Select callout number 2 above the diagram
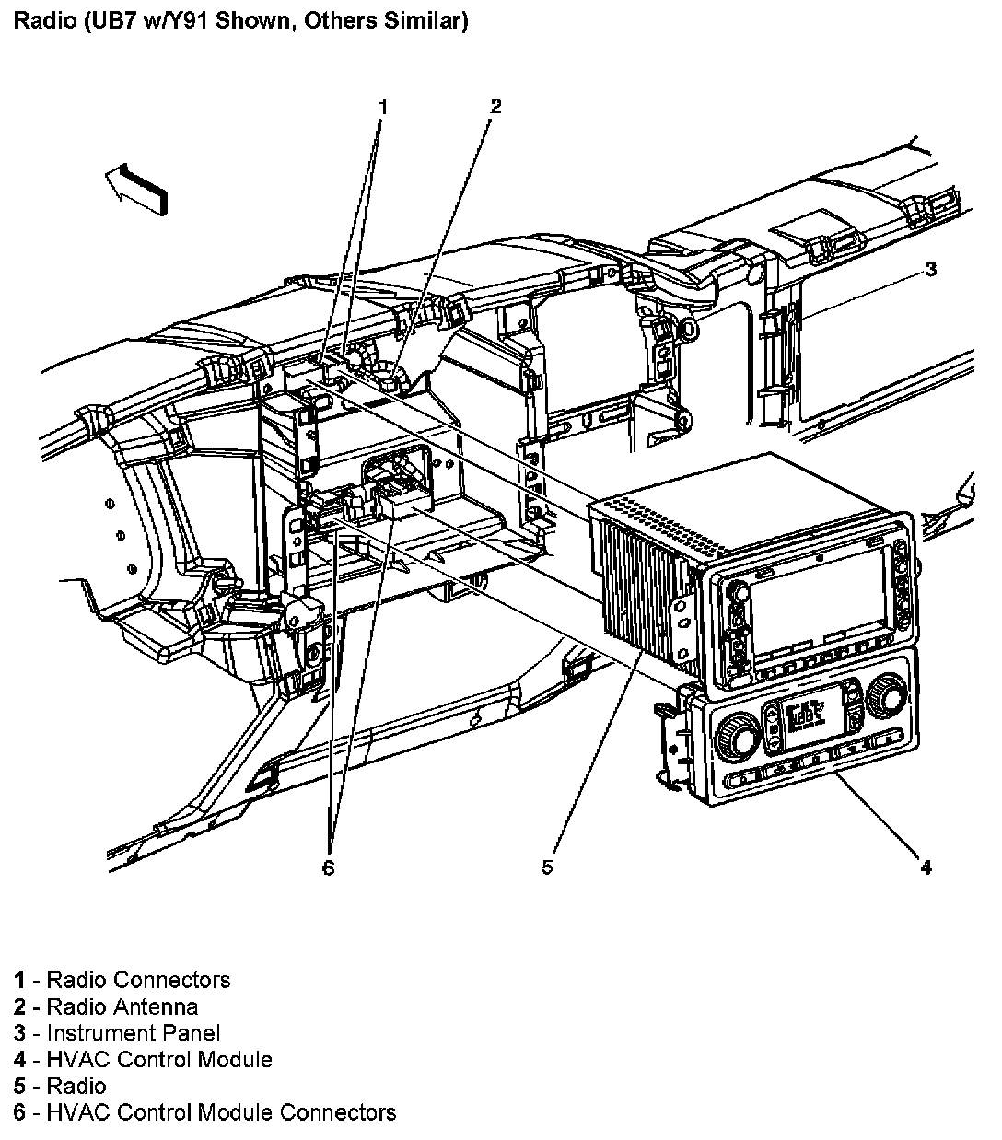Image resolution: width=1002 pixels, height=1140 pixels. click(x=495, y=106)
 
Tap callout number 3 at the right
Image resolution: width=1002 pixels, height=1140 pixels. click(x=931, y=270)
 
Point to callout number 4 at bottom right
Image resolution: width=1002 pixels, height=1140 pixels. click(x=926, y=867)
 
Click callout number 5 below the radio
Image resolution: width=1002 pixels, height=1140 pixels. click(x=547, y=867)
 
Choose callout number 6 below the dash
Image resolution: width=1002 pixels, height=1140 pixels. click(x=329, y=867)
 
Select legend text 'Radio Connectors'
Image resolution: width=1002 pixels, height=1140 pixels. click(x=138, y=980)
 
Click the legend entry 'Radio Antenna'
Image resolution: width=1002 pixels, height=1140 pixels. click(x=122, y=1006)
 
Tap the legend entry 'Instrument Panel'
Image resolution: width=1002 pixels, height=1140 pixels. click(x=134, y=1033)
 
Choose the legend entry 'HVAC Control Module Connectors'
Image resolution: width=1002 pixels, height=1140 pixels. click(x=221, y=1112)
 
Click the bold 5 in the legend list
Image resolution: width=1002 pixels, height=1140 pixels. click(x=19, y=1087)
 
